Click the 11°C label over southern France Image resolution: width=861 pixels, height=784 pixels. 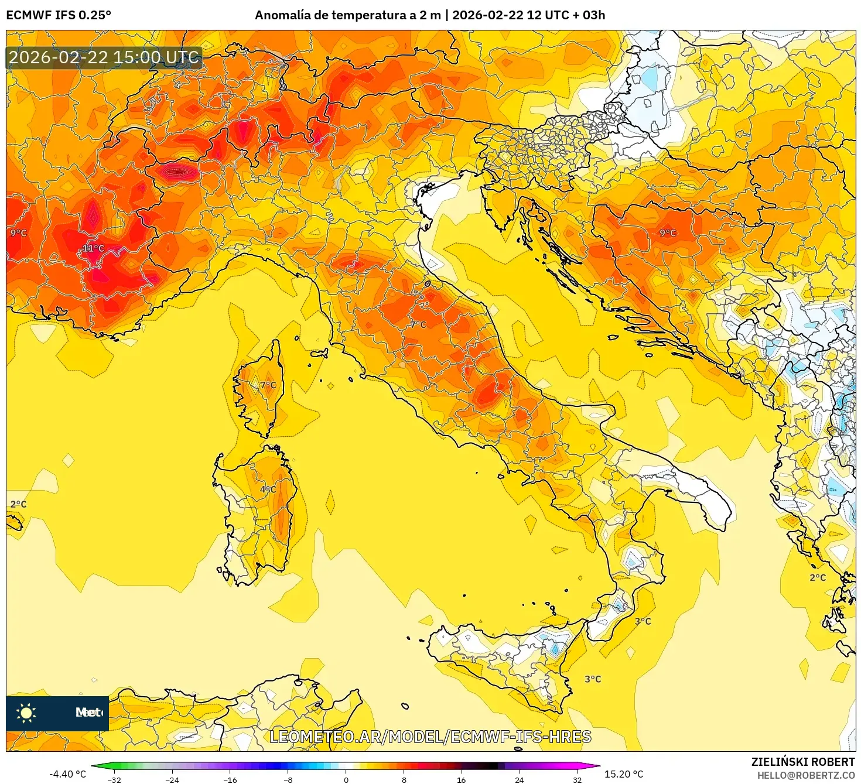click(93, 248)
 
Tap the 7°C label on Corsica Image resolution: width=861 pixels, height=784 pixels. click(268, 385)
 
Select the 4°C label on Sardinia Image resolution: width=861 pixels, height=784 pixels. click(268, 489)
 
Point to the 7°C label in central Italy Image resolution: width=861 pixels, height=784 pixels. click(418, 324)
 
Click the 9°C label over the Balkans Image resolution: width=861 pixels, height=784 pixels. click(668, 232)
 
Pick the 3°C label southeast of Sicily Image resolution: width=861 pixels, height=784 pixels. click(593, 679)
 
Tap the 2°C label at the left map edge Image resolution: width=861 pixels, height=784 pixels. click(18, 504)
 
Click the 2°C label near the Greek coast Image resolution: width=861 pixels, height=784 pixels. click(818, 577)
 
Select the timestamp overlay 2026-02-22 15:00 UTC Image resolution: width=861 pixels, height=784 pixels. click(104, 57)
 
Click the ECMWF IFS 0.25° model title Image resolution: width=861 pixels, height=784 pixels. click(59, 15)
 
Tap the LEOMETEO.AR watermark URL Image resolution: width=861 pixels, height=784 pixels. click(430, 737)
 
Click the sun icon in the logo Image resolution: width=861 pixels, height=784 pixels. click(26, 713)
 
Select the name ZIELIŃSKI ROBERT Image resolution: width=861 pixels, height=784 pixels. click(803, 762)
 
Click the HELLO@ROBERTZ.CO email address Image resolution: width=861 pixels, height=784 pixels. click(806, 775)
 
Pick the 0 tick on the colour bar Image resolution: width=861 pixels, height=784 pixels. click(346, 779)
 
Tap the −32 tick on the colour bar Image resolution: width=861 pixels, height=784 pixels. click(114, 779)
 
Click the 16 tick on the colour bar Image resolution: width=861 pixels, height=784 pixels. click(461, 779)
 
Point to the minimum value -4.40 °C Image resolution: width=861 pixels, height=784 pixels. click(67, 774)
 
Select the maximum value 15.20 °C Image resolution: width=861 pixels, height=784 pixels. click(624, 774)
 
